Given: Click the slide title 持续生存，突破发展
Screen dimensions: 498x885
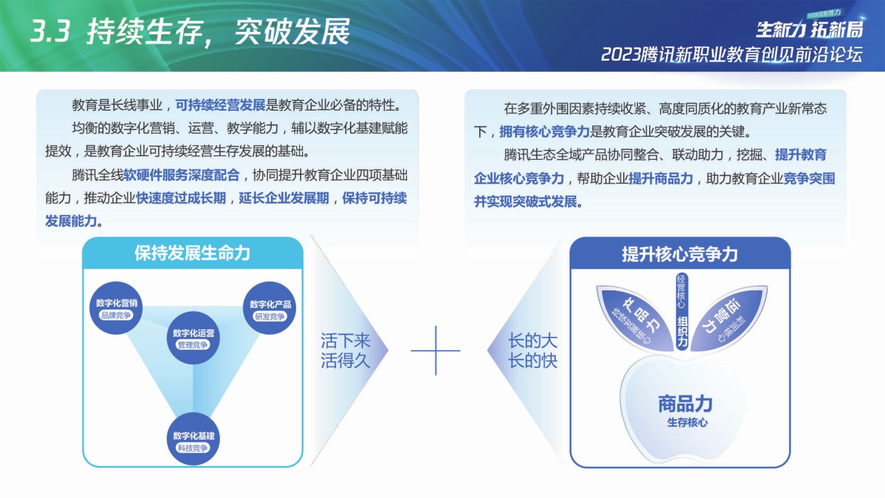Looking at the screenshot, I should (218, 32).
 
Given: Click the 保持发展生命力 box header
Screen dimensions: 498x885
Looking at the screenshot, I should (193, 253).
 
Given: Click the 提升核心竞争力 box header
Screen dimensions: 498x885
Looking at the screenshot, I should (680, 254).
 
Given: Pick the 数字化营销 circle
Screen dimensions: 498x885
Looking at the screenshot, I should (117, 308).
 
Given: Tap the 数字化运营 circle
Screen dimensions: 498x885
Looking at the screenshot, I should (194, 338).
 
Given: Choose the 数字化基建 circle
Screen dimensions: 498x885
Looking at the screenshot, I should (194, 441).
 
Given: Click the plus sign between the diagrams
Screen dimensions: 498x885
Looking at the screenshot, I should (436, 351).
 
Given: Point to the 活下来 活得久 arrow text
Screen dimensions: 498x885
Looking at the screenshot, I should (346, 351).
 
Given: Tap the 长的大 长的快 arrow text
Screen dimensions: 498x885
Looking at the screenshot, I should (532, 351).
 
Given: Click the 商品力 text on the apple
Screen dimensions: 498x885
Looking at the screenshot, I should (685, 404).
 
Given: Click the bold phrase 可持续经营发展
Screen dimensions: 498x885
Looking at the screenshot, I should (221, 106).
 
